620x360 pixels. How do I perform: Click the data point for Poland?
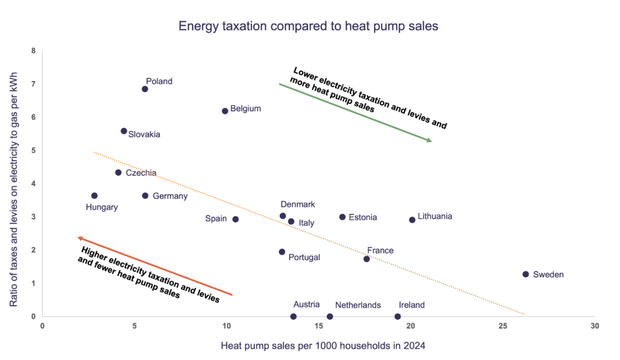(145, 89)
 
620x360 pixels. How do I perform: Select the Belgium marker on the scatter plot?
(225, 111)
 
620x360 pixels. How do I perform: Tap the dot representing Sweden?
(526, 274)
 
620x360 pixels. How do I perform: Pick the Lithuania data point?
(412, 220)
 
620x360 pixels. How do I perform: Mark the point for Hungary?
(94, 195)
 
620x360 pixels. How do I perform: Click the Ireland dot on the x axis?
(398, 316)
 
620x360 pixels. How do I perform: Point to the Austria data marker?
(294, 316)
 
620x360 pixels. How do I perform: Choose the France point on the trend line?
(367, 259)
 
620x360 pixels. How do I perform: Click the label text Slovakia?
(144, 134)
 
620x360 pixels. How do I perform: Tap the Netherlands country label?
(358, 305)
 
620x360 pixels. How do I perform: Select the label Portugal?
(303, 257)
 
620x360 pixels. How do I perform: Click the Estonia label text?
(363, 217)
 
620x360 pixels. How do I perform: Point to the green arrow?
(355, 113)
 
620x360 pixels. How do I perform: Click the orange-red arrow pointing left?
(154, 266)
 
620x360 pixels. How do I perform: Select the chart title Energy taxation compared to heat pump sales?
(308, 27)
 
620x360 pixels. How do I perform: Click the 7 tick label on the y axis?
(33, 84)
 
